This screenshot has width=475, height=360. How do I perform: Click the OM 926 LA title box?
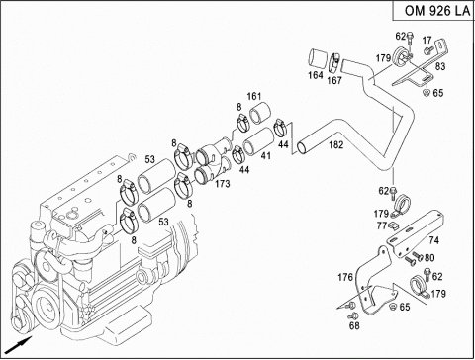433,10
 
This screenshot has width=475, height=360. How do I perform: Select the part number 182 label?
336,145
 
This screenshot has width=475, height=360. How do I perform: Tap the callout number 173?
223,184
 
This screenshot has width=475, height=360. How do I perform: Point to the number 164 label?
316,75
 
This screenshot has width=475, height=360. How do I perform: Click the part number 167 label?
334,80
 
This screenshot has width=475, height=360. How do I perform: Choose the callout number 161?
254,96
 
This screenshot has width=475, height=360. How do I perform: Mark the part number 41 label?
266,155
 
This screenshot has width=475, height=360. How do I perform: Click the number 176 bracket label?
345,277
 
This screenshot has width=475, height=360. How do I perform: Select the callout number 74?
434,240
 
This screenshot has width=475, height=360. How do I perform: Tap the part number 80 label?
429,257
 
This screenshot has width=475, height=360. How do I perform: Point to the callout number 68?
354,325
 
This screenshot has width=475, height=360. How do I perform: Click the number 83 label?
440,66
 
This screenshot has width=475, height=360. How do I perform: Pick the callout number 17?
427,41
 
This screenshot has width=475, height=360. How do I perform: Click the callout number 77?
382,225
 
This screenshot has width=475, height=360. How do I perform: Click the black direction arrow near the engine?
21,345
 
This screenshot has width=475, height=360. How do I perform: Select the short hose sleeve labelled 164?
318,59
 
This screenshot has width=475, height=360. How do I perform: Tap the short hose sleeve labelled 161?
260,114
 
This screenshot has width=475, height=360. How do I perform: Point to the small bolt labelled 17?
427,50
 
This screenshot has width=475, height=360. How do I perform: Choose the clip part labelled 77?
393,225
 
